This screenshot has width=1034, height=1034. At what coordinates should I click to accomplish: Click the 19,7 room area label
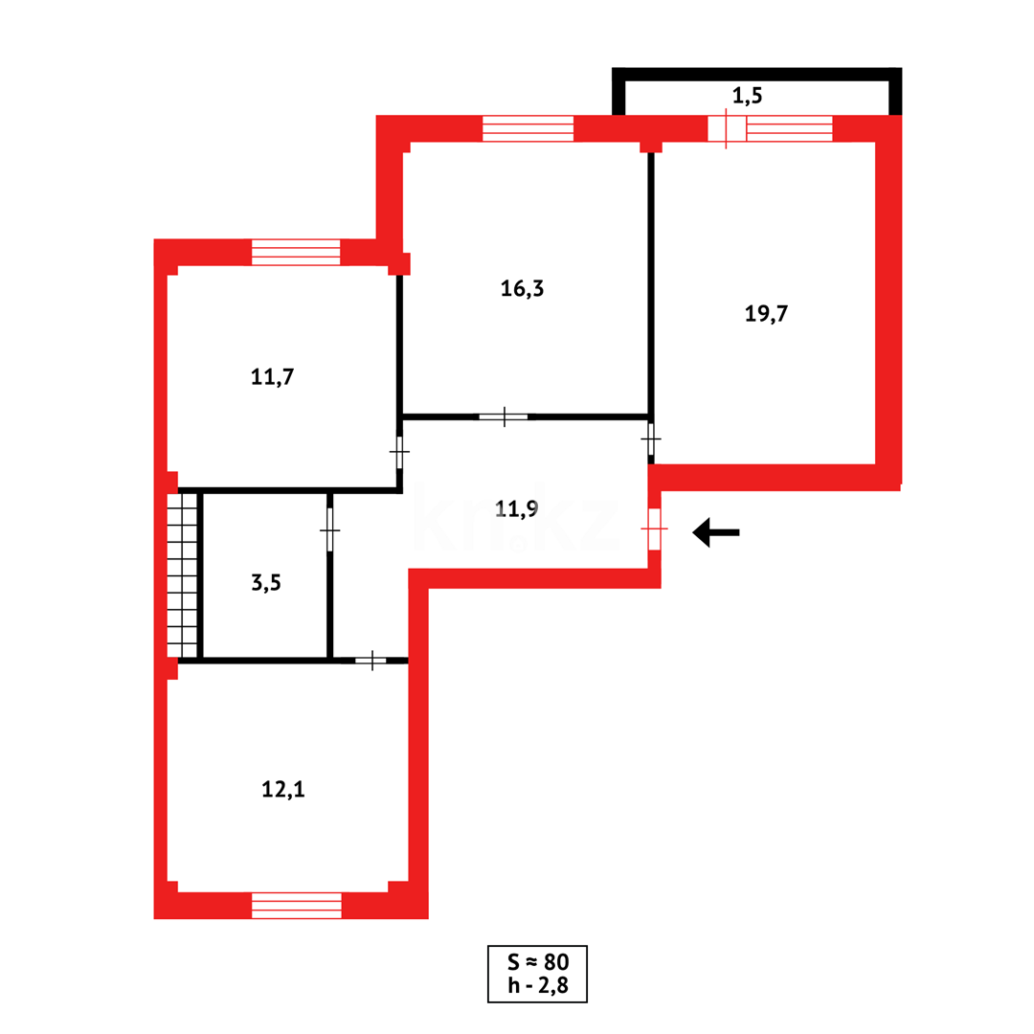click(766, 313)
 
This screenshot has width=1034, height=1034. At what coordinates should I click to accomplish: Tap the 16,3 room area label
click(522, 288)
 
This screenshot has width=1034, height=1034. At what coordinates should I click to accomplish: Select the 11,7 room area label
click(272, 376)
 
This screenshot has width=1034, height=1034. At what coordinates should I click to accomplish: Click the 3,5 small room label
click(266, 581)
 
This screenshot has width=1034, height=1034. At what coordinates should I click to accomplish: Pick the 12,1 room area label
click(283, 789)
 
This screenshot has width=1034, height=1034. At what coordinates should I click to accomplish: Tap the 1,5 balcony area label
click(752, 95)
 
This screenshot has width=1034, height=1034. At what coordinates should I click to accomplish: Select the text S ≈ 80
click(537, 961)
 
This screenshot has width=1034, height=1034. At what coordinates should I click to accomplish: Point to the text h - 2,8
click(537, 986)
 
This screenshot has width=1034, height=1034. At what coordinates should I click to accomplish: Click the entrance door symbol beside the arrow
click(654, 529)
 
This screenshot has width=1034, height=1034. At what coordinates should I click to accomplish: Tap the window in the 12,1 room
click(296, 905)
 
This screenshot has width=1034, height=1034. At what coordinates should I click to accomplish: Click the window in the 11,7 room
click(296, 252)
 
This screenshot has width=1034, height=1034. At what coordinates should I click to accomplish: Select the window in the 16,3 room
click(528, 128)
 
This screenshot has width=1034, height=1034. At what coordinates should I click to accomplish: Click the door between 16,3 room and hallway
click(504, 416)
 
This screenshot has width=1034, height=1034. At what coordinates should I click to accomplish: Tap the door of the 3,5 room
click(329, 529)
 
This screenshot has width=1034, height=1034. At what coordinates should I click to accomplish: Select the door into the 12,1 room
click(371, 660)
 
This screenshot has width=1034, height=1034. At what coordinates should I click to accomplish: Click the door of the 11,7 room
click(399, 452)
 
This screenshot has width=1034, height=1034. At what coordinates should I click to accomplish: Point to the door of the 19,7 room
click(651, 439)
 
